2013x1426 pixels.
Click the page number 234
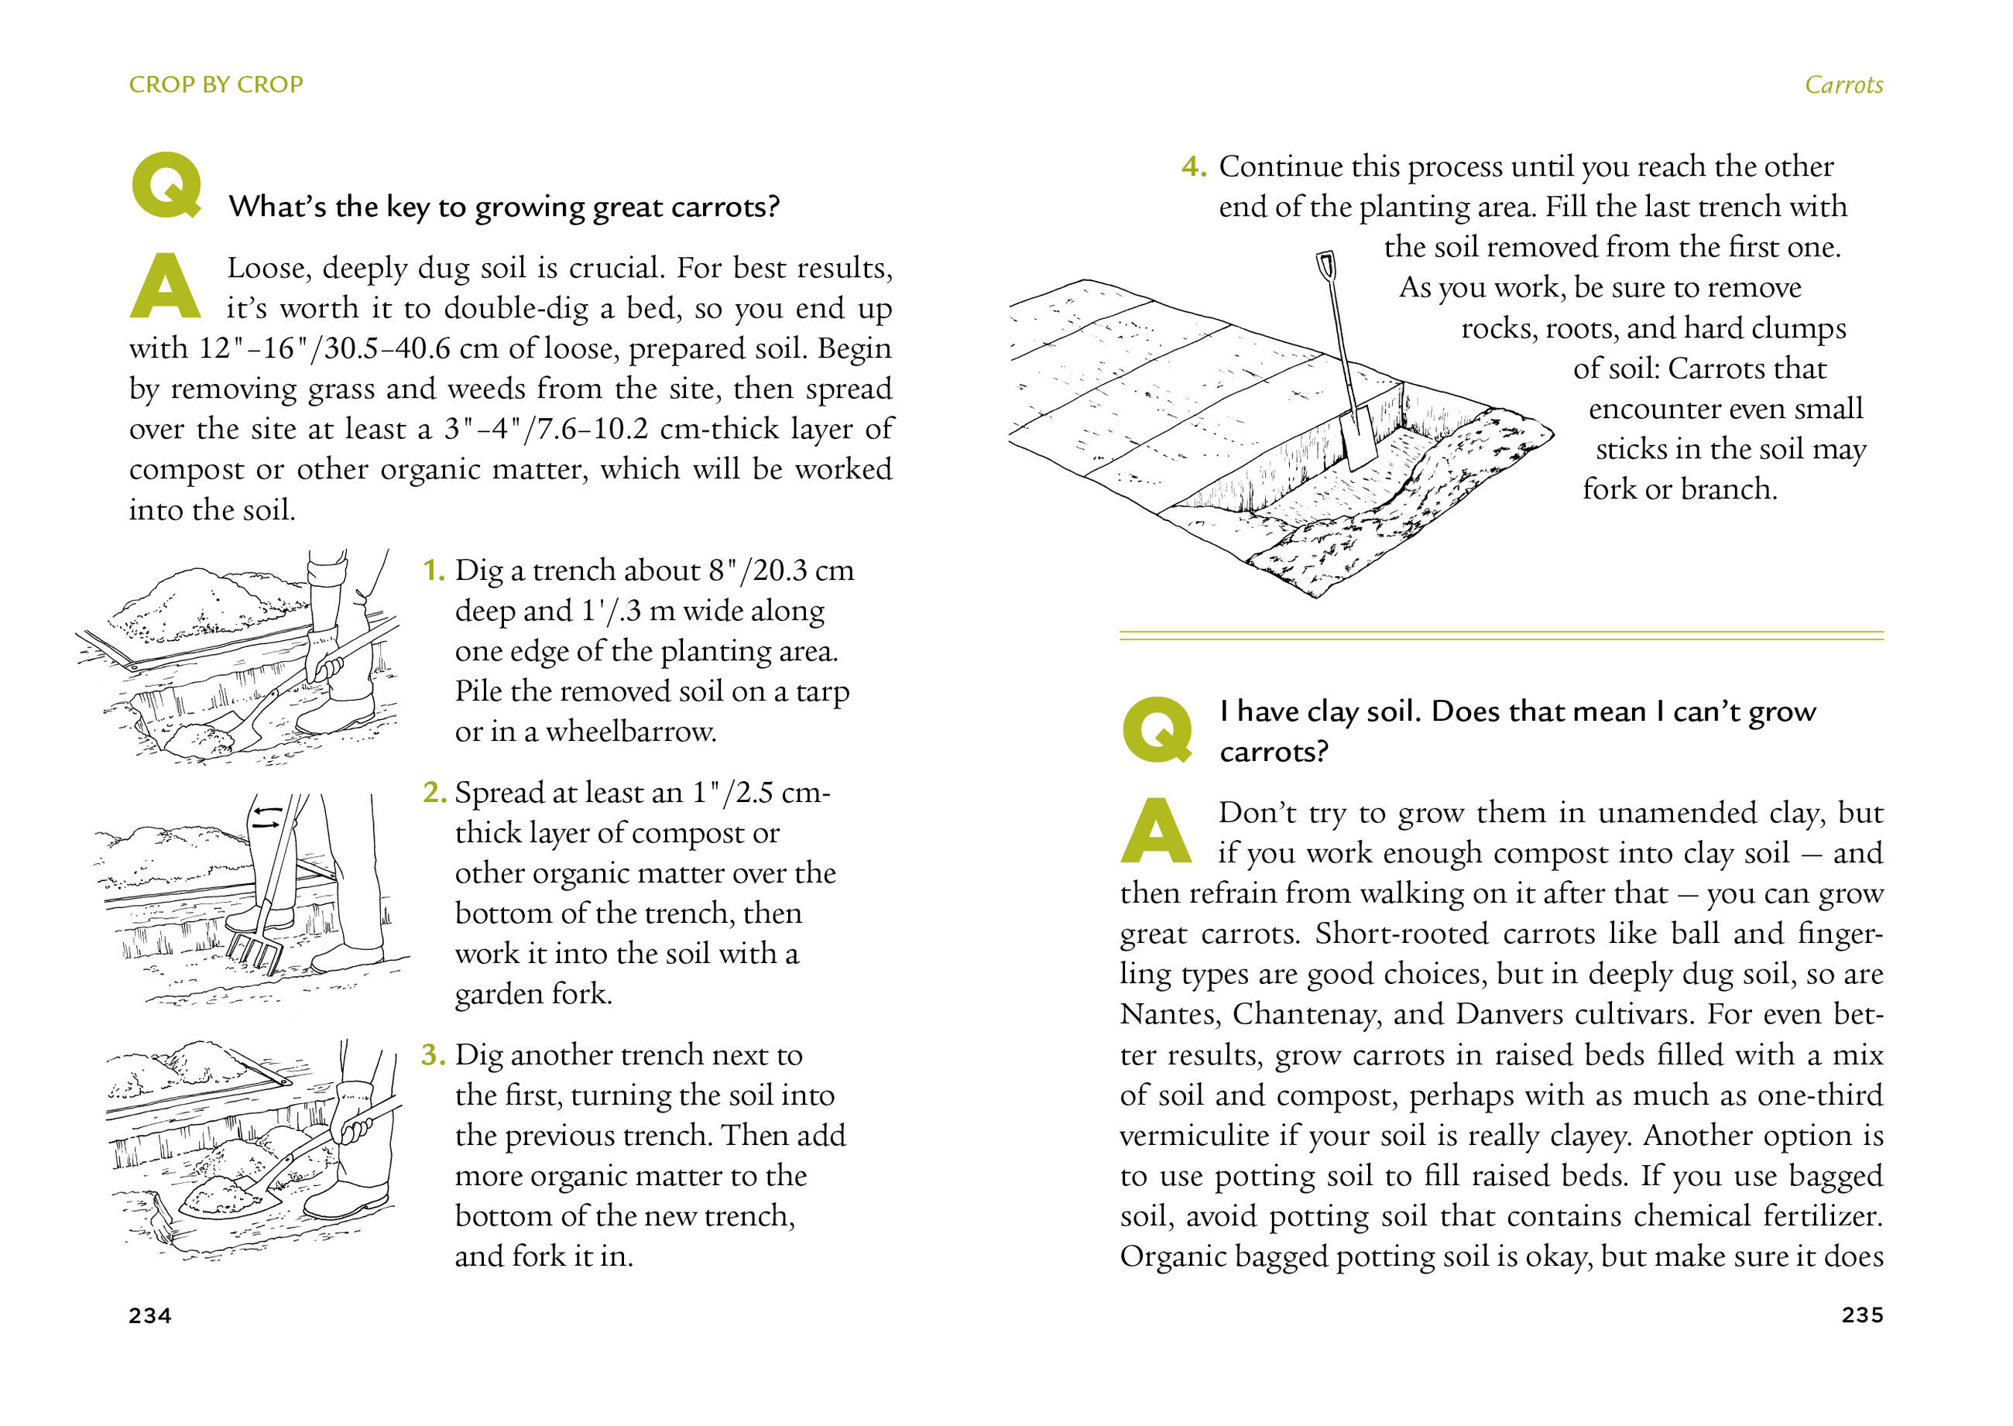150,1315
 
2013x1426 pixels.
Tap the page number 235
1862,1315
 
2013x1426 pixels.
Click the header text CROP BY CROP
216,84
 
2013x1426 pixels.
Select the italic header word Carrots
1843,85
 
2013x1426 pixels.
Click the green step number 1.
433,571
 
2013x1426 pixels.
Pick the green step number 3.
433,1054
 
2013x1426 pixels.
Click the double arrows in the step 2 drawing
267,818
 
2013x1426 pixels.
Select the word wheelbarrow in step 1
629,732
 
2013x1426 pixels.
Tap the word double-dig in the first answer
516,308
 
